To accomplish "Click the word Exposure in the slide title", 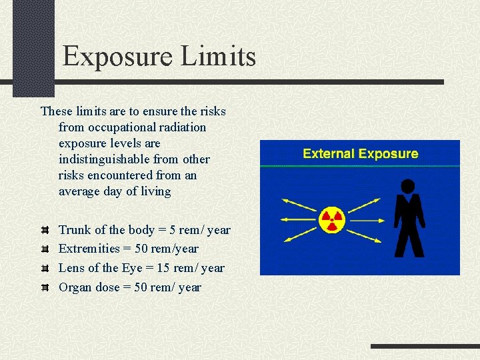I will click(x=118, y=56).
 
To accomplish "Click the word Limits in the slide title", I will click(x=218, y=56).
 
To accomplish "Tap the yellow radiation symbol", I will click(x=331, y=219).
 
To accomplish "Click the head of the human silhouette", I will click(x=409, y=186).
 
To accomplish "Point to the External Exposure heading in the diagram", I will click(x=360, y=154).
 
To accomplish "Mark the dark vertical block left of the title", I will click(x=33, y=47).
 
